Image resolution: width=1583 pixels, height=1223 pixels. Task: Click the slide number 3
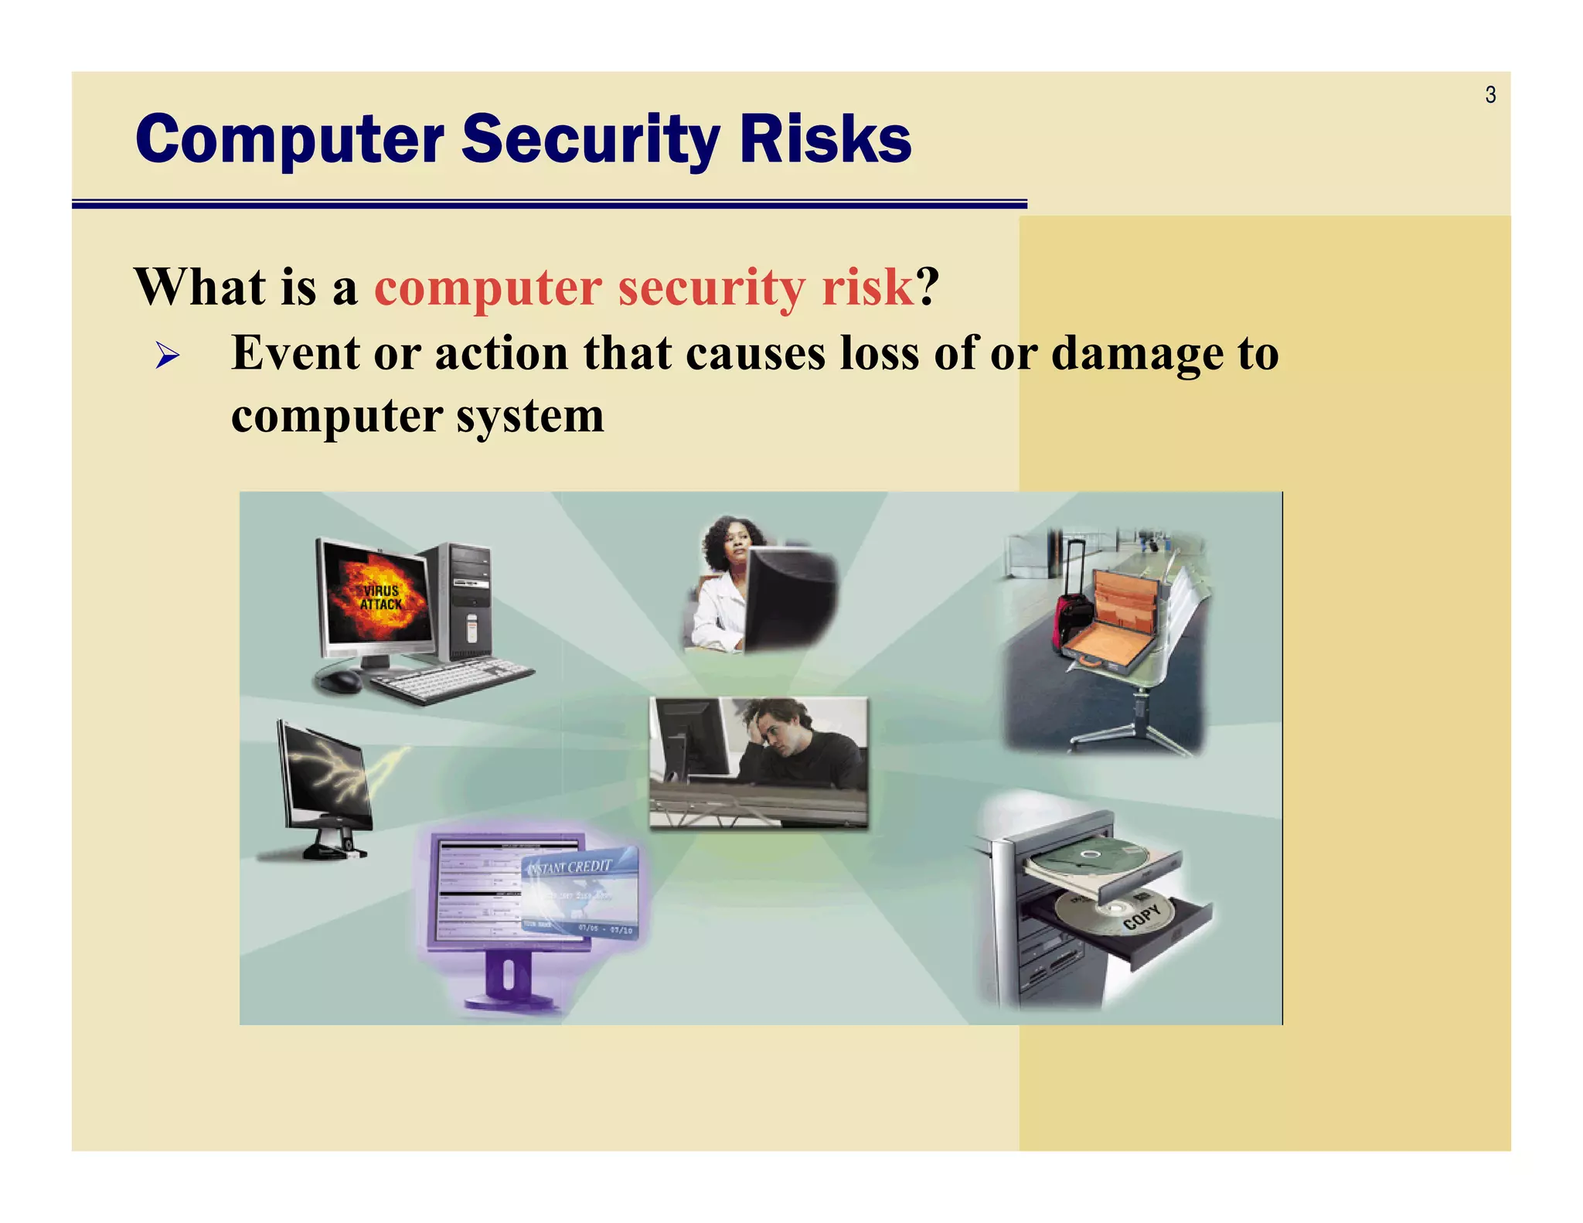click(1490, 95)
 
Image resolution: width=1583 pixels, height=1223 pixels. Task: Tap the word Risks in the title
click(826, 139)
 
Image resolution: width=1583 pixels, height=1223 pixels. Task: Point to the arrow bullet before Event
click(167, 356)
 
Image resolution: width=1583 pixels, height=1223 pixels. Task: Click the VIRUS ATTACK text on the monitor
click(380, 598)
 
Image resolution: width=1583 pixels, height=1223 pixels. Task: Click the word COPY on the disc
click(1142, 916)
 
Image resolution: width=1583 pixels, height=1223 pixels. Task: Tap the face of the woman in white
click(734, 549)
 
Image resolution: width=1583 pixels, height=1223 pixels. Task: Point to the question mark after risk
click(928, 288)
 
